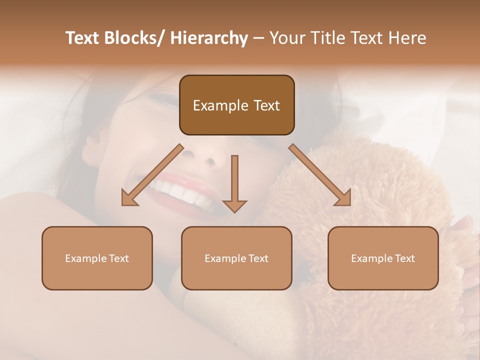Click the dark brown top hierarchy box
pos(236,105)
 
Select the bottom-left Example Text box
pos(97,258)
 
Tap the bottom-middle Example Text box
pos(236,258)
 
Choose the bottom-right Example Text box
pos(383,258)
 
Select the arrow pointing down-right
pos(320,175)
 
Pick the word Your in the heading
pos(286,38)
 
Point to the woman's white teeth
pos(180,192)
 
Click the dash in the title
pos(258,38)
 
